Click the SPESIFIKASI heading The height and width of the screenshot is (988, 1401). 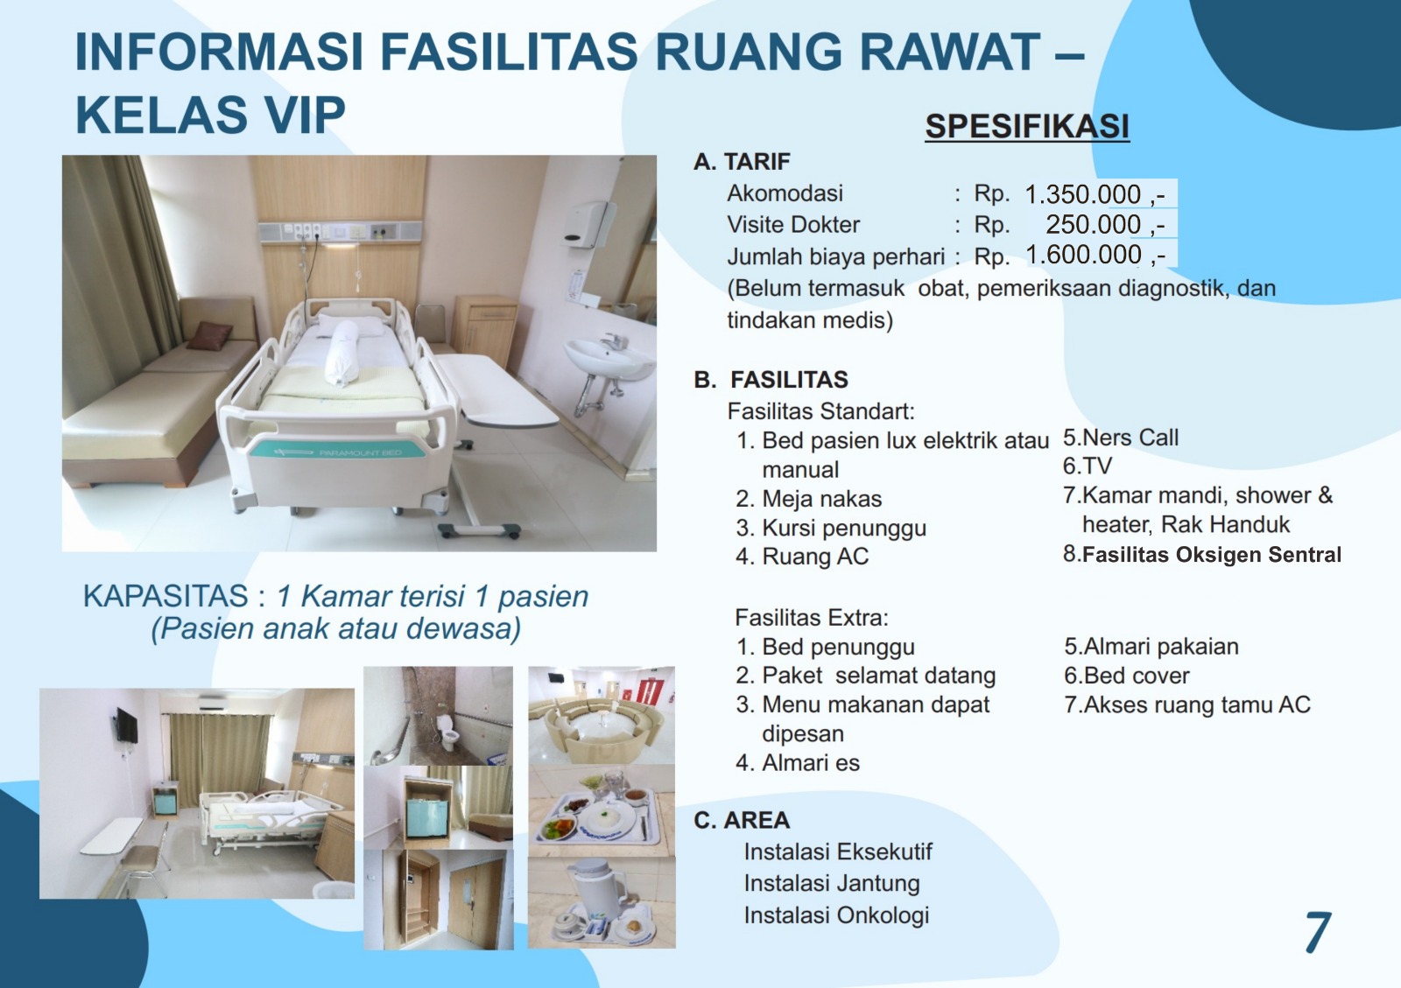[1027, 126]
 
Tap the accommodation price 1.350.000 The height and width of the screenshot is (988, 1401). [1082, 194]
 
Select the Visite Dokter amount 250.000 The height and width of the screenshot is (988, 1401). [1094, 224]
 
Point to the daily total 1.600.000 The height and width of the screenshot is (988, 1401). [1083, 255]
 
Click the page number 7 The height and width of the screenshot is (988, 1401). [1318, 932]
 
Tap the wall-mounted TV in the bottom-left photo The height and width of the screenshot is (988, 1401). [127, 726]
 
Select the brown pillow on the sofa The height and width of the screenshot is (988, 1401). [210, 335]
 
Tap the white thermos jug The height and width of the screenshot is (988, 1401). [595, 888]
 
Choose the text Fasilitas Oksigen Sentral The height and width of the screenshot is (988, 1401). [1212, 554]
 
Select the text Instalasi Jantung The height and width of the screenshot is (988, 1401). [832, 883]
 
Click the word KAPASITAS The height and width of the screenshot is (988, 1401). [165, 596]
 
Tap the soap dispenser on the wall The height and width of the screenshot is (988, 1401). [585, 224]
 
